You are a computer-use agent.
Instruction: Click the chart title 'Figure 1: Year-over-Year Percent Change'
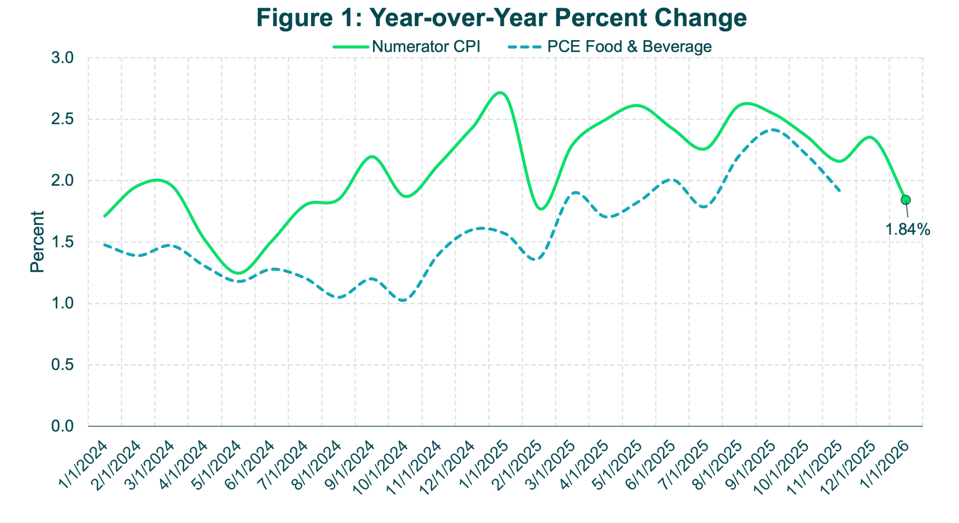coord(502,18)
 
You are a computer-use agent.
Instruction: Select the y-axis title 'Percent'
coord(37,242)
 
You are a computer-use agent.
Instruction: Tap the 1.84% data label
coord(908,229)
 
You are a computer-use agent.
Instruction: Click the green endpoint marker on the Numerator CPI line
coord(905,200)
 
